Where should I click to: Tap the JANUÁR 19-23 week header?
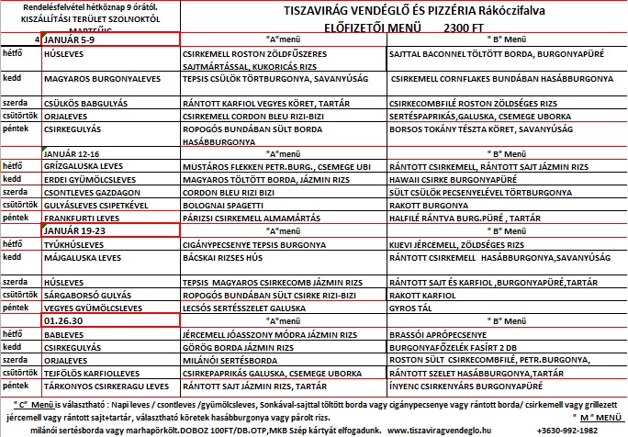coord(74,230)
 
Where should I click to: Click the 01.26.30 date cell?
coord(62,320)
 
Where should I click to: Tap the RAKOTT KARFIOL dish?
coord(418,296)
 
